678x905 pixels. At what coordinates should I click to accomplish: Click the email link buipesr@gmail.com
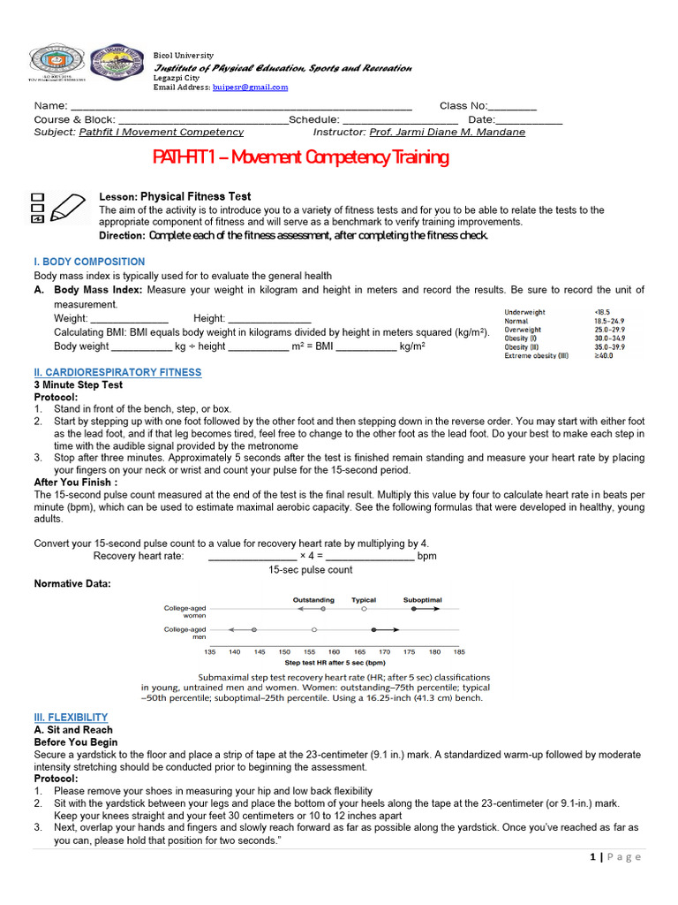250,87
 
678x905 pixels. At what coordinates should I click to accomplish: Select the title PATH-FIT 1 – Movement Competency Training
300,157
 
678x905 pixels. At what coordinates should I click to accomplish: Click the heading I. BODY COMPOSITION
89,262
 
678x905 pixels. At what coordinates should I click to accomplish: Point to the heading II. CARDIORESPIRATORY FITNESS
117,372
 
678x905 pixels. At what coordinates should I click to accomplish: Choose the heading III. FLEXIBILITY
71,717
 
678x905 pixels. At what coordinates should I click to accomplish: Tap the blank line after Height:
269,318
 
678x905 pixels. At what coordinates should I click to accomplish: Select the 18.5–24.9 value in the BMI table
609,321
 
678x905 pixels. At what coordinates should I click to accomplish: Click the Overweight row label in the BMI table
523,330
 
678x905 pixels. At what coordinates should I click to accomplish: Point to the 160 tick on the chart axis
334,651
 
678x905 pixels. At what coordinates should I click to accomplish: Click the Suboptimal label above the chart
423,599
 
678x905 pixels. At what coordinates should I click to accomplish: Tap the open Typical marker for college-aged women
364,609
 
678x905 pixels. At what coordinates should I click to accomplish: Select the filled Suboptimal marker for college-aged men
374,629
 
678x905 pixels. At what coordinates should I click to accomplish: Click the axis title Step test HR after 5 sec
335,662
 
